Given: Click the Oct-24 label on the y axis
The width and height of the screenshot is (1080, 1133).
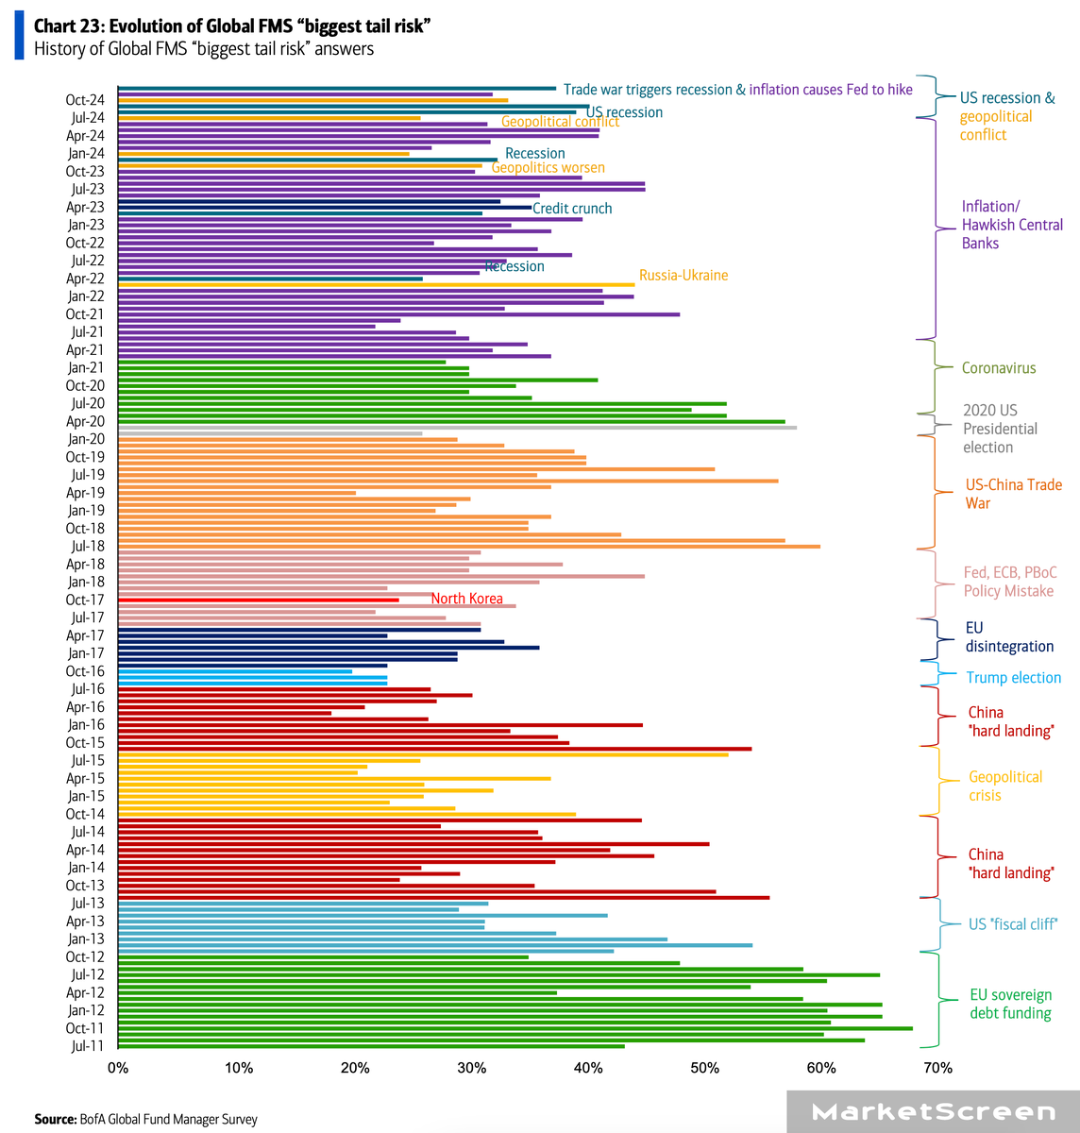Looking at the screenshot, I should point(85,100).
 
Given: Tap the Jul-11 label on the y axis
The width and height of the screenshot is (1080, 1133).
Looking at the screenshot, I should point(87,1046).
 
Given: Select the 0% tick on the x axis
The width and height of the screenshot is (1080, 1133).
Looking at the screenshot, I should point(118,1068).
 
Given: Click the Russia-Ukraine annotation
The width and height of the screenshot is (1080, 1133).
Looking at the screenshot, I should point(683,276).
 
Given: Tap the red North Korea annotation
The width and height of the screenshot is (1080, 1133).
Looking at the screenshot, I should point(466,599).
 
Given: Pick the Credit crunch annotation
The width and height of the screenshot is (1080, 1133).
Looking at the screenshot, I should point(572,209).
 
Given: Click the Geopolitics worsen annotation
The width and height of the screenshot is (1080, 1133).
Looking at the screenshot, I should point(548,168).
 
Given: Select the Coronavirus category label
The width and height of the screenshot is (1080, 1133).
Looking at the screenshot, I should point(998,368).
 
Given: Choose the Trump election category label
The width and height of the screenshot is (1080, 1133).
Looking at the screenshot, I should point(1013,678).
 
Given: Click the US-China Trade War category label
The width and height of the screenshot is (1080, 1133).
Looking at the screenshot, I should point(1013,494).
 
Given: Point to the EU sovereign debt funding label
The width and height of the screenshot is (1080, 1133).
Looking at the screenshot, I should point(1010,1004).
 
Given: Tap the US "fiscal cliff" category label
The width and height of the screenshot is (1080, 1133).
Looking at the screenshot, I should point(1013,924).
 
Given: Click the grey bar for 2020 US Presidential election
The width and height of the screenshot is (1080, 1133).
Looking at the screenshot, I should point(457,428).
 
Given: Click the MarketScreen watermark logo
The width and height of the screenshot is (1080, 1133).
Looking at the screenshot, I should point(933,1112).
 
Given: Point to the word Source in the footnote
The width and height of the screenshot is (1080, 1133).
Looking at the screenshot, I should point(55,1119).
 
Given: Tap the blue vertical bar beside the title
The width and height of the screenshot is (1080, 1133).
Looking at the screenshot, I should point(19,37).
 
